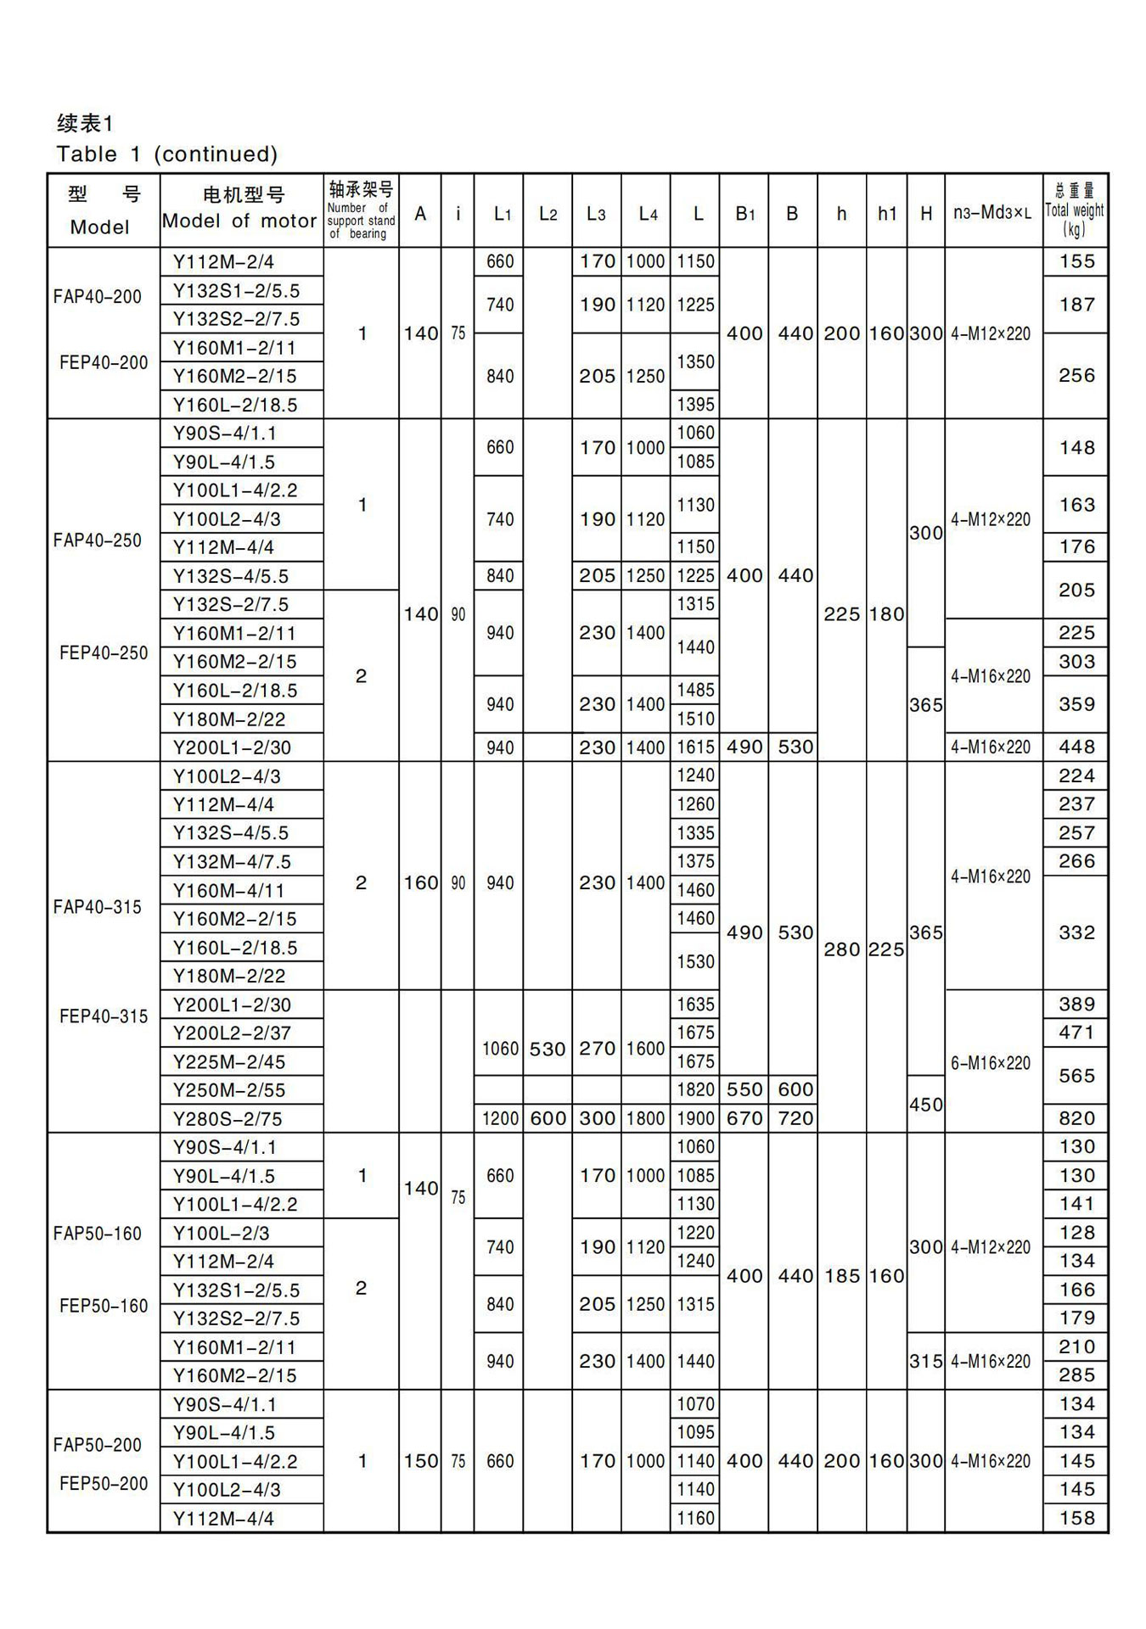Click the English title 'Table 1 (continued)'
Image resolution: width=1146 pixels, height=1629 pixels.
coord(167,154)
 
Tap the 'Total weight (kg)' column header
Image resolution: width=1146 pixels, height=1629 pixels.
coord(1075,210)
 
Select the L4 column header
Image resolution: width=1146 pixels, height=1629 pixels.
coord(647,214)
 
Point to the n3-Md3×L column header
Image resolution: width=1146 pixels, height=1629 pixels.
coord(992,213)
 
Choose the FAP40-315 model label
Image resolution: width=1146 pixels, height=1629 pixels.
coord(98,907)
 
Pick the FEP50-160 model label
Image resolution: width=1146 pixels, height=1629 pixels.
coord(104,1306)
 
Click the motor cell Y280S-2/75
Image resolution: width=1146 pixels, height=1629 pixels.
coord(228,1119)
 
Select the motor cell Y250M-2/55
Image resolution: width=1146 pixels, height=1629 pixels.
coord(229,1090)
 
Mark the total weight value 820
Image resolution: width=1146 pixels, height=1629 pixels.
coord(1076,1119)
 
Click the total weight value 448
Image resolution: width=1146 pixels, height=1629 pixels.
coord(1076,747)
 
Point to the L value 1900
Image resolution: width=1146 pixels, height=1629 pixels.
coord(695,1119)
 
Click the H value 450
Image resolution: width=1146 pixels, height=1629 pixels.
coord(925,1105)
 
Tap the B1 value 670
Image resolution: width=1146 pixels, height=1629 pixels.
coord(744,1119)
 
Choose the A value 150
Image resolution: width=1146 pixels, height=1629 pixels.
coord(420,1461)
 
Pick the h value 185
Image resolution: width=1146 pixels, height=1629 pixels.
coord(841,1276)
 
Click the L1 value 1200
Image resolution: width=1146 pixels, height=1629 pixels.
coord(499,1119)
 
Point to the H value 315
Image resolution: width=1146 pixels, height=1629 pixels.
coord(925,1362)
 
